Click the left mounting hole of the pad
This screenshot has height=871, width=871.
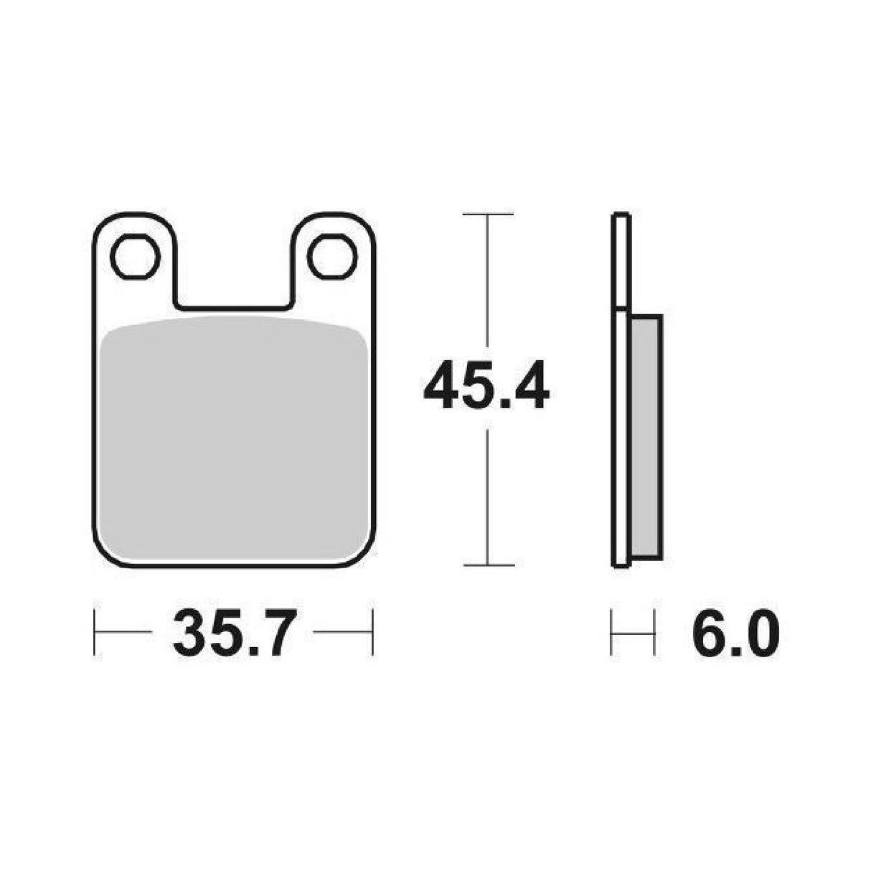coord(135,256)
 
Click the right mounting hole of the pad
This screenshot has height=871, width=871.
coord(333,256)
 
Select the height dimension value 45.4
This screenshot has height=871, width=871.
coord(486,388)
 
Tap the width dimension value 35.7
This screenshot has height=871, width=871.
coord(233,634)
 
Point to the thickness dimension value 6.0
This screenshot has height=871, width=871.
coord(735,634)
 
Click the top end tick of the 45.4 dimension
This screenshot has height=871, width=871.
coord(488,215)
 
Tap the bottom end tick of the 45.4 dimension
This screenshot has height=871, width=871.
coord(488,565)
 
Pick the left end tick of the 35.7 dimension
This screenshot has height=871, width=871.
coord(95,633)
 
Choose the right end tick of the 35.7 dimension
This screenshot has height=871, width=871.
coord(372,633)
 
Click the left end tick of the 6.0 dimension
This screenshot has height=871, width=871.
coord(611,633)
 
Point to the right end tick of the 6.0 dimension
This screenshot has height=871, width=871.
coord(654,633)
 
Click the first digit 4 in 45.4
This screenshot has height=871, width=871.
coord(441,388)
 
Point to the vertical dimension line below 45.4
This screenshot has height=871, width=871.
coord(488,495)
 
